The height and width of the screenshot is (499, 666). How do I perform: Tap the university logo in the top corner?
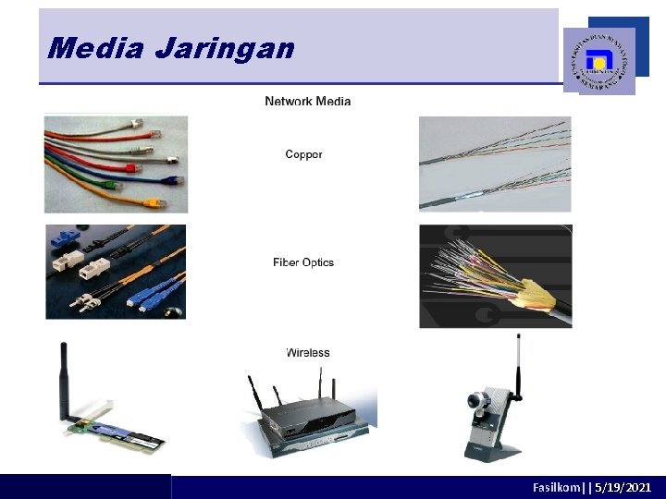point(599,61)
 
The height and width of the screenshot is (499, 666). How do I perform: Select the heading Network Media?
point(307,101)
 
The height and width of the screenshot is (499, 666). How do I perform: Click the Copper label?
point(303,154)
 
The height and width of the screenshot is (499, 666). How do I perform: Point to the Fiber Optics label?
point(303,262)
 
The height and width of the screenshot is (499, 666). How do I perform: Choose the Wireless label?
point(307,352)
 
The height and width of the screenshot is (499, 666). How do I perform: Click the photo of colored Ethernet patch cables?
point(116,164)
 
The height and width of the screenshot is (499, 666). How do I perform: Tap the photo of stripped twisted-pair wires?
point(495,164)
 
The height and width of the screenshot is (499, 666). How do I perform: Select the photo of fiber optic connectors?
point(116,272)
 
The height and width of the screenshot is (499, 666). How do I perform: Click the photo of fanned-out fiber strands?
point(495,275)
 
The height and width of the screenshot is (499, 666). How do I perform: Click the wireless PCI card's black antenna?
point(65,379)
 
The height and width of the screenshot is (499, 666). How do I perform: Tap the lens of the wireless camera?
point(479,402)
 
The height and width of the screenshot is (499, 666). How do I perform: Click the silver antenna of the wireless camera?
point(518,365)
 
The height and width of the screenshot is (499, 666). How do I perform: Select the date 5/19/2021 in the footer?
point(623,487)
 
